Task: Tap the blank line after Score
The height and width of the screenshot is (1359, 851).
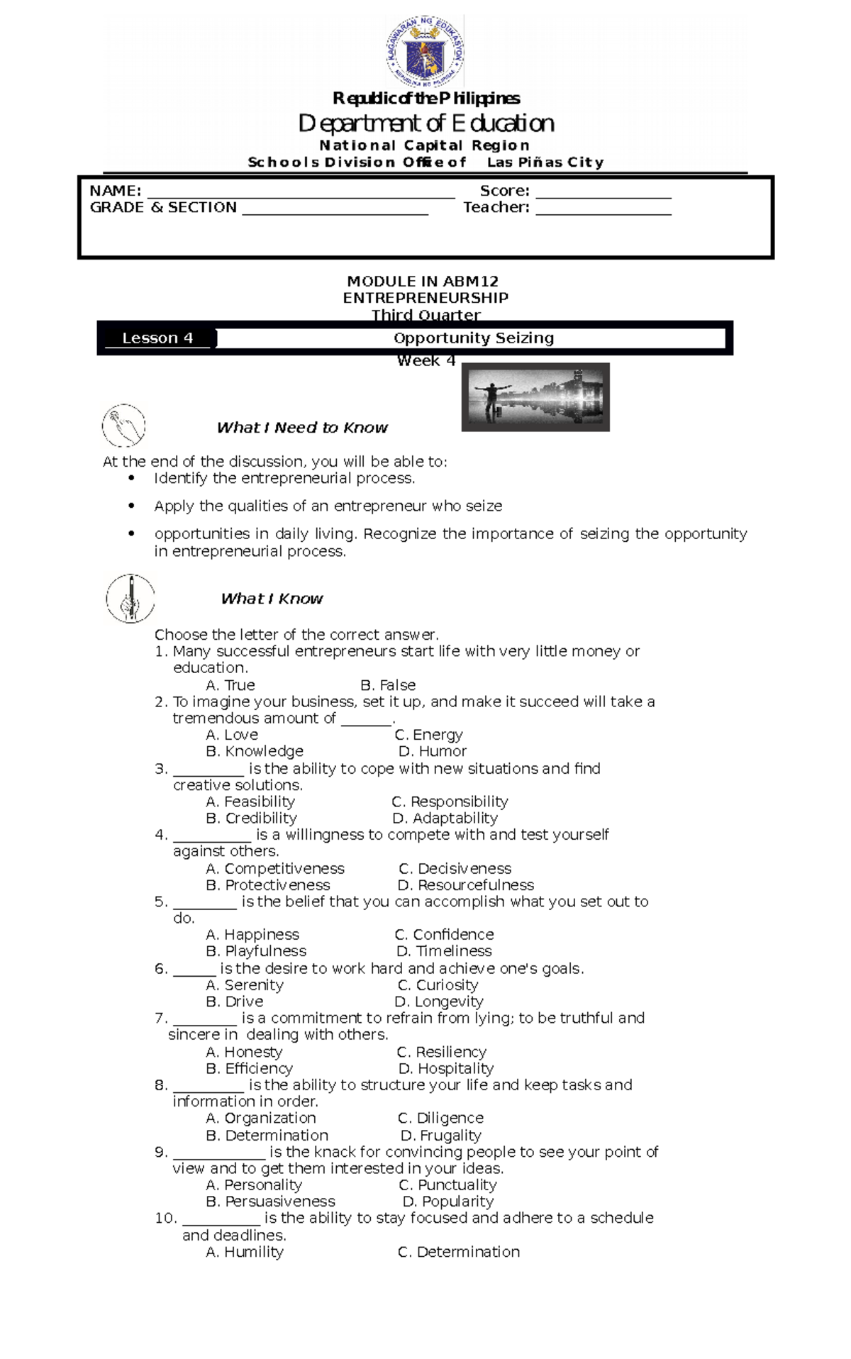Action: (x=603, y=197)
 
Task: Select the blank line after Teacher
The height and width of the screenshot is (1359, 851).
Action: (x=603, y=213)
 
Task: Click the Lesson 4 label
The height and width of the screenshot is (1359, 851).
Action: (x=157, y=338)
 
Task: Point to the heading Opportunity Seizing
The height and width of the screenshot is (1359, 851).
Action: (x=474, y=338)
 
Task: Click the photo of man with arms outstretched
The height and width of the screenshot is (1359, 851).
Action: (x=535, y=397)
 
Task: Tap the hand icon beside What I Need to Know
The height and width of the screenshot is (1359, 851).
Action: (x=123, y=426)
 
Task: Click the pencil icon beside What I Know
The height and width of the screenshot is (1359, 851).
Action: (x=130, y=598)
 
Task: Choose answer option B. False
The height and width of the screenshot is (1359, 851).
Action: (x=388, y=685)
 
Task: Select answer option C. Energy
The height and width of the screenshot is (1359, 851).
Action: (x=428, y=735)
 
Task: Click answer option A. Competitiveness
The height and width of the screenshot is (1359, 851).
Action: (x=275, y=869)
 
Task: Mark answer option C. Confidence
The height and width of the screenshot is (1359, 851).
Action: (x=444, y=935)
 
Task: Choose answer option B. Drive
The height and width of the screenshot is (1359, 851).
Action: (x=234, y=1002)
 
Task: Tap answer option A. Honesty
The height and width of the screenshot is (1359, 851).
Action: (x=244, y=1052)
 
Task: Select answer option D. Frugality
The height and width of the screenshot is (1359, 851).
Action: (x=441, y=1136)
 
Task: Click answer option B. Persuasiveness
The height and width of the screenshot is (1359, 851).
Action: (x=270, y=1202)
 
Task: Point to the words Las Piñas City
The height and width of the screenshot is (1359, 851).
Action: (x=545, y=162)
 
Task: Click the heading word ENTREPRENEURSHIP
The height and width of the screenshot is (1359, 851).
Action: (x=425, y=298)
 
